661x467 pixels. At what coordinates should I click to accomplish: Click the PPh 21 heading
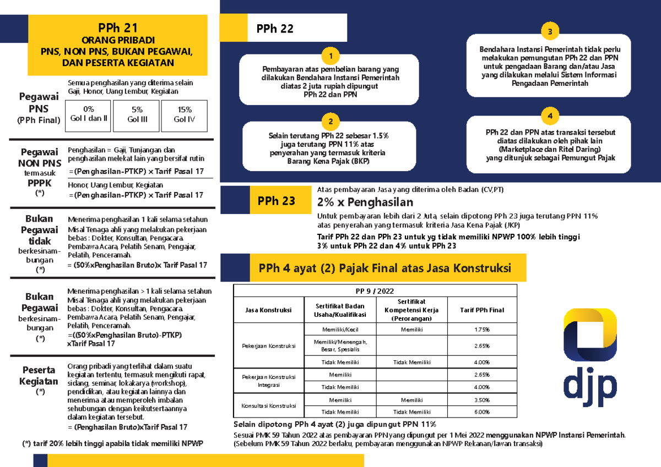[x=117, y=28]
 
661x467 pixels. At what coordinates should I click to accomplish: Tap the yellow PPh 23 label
[x=276, y=201]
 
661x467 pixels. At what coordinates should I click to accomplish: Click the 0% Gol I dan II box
[x=88, y=114]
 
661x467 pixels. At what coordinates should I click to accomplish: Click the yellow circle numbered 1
[x=330, y=56]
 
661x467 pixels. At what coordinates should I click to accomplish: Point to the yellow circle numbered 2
[x=330, y=122]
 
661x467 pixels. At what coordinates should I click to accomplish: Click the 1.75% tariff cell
[x=481, y=329]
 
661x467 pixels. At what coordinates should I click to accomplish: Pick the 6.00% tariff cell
[x=481, y=412]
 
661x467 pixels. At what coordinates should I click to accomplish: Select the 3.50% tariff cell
[x=481, y=400]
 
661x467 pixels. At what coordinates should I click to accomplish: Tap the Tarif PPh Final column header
[x=481, y=310]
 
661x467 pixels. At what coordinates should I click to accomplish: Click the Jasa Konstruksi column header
[x=268, y=310]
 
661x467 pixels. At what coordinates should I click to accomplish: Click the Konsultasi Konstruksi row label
[x=268, y=406]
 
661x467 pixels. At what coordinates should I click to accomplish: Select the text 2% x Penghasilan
[x=365, y=202]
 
